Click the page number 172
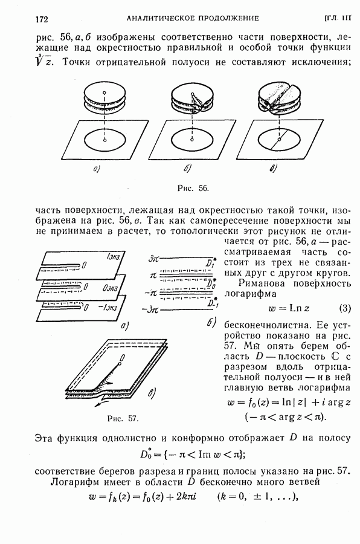tap(42, 19)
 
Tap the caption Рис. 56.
tap(193, 188)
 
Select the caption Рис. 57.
tap(123, 419)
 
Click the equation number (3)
tap(344, 308)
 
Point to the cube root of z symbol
tap(43, 61)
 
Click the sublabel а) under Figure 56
tap(97, 169)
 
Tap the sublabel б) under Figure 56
tap(187, 169)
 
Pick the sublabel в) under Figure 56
tap(273, 169)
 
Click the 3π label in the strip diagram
tap(153, 259)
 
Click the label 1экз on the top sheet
tap(114, 257)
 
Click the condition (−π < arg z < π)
tap(286, 417)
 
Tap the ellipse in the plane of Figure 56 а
tap(104, 140)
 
